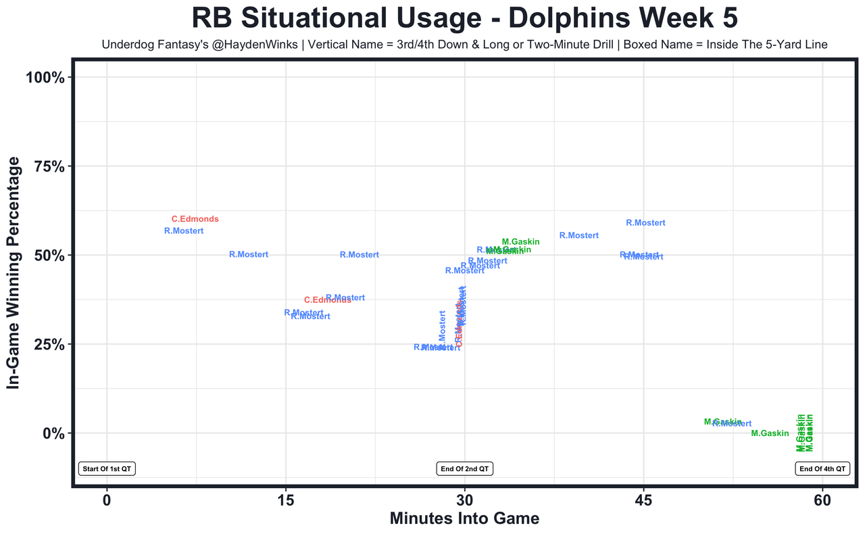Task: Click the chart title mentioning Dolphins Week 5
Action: coord(464,18)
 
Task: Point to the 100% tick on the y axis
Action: coord(45,78)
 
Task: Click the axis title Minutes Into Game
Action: coord(464,519)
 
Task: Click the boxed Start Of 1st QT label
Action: coord(107,468)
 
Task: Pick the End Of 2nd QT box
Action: coord(465,468)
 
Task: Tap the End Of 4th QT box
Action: coord(822,468)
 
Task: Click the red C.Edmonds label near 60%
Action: coord(195,219)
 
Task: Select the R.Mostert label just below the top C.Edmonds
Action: coord(184,231)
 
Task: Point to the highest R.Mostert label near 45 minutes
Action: coord(645,222)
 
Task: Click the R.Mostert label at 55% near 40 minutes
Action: coord(579,235)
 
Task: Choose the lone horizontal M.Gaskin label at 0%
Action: coord(770,433)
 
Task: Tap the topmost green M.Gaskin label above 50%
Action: coord(520,242)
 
